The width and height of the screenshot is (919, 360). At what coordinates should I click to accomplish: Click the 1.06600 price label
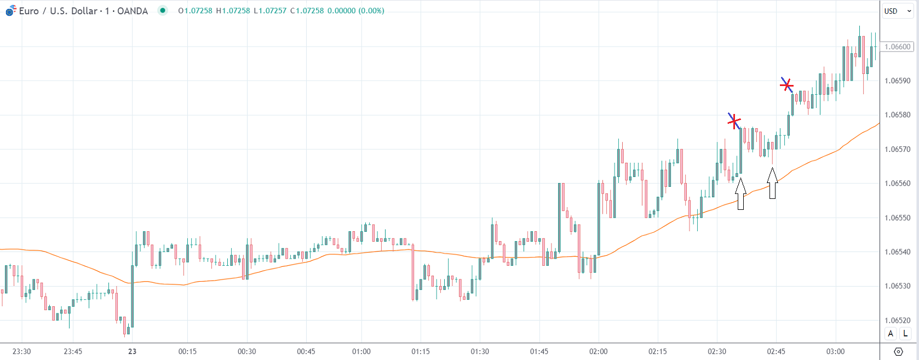[898, 47]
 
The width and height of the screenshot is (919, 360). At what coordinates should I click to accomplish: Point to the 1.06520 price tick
[898, 320]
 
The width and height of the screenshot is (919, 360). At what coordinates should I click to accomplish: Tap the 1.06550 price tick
[898, 218]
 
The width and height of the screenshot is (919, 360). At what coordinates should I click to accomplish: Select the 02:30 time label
[717, 351]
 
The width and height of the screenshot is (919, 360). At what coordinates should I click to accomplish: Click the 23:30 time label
[21, 351]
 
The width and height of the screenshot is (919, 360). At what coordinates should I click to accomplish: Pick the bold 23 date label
[132, 351]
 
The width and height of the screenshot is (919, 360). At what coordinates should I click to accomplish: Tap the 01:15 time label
[421, 351]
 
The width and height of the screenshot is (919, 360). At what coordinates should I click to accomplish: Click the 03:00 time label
[835, 351]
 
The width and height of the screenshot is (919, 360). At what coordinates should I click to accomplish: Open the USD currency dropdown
[898, 11]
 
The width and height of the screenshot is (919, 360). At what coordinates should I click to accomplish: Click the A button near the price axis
[891, 333]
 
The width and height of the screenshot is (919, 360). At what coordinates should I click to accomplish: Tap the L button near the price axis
[905, 333]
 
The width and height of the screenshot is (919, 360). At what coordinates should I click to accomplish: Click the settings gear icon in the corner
[898, 352]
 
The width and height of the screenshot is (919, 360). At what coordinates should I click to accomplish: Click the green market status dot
[163, 10]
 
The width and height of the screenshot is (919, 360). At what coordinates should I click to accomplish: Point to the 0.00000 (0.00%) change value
[356, 11]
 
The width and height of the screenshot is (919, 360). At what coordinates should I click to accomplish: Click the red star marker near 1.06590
[787, 85]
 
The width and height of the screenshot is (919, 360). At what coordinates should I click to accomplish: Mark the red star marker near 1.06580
[734, 121]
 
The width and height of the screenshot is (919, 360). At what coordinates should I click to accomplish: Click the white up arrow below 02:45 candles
[772, 184]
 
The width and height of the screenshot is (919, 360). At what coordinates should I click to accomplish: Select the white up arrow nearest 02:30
[740, 194]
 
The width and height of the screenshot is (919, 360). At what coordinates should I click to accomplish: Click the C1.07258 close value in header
[307, 11]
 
